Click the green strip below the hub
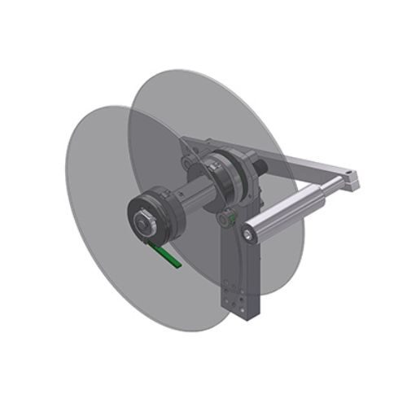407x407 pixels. (x=171, y=256)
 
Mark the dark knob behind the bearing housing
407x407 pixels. (x=262, y=167)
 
